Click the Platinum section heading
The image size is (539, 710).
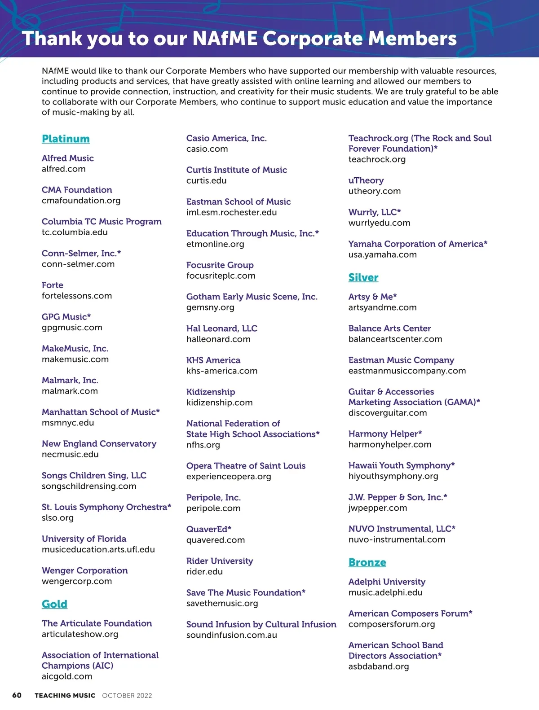click(66, 139)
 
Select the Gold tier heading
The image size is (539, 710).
click(54, 604)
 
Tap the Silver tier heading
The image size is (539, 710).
click(363, 277)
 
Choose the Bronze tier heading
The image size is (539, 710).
click(367, 562)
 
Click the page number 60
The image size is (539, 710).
click(17, 695)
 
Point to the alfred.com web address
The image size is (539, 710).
click(63, 169)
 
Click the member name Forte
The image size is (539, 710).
click(53, 285)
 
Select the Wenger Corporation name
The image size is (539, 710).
click(84, 570)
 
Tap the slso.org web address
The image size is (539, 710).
click(57, 518)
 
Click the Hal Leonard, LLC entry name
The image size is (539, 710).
click(221, 329)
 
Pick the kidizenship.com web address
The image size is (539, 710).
click(219, 403)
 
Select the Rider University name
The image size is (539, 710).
click(220, 561)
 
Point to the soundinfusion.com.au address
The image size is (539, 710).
click(231, 635)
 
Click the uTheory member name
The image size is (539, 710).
click(366, 180)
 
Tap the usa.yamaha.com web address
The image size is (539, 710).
click(382, 254)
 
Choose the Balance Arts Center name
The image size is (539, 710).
click(389, 329)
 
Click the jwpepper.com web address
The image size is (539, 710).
click(377, 508)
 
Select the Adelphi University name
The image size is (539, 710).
click(387, 582)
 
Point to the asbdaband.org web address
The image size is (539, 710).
click(378, 666)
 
